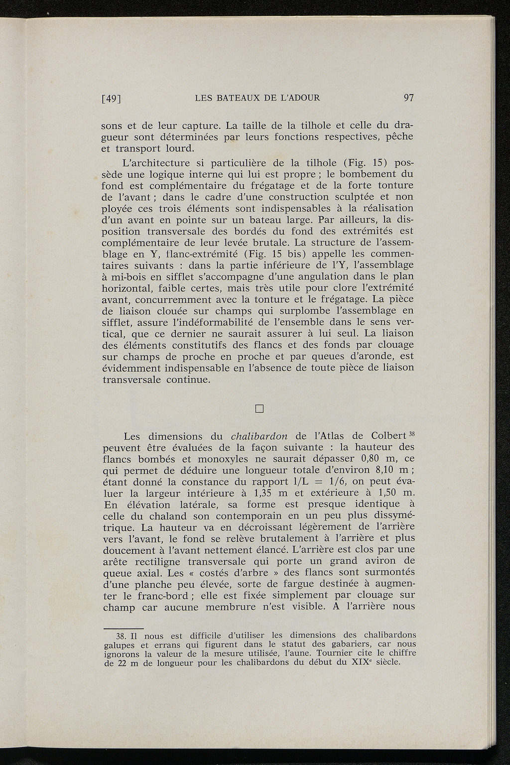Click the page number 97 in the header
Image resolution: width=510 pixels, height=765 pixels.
408,98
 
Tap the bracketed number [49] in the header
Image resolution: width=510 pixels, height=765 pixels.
112,99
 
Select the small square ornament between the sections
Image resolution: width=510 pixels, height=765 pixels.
258,409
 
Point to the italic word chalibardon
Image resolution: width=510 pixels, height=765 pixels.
259,436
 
